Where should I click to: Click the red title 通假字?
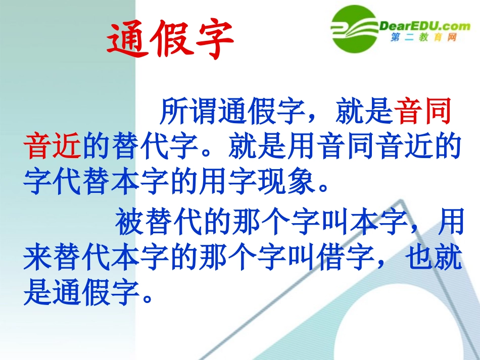[171, 40]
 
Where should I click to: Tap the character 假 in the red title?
[171, 40]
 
